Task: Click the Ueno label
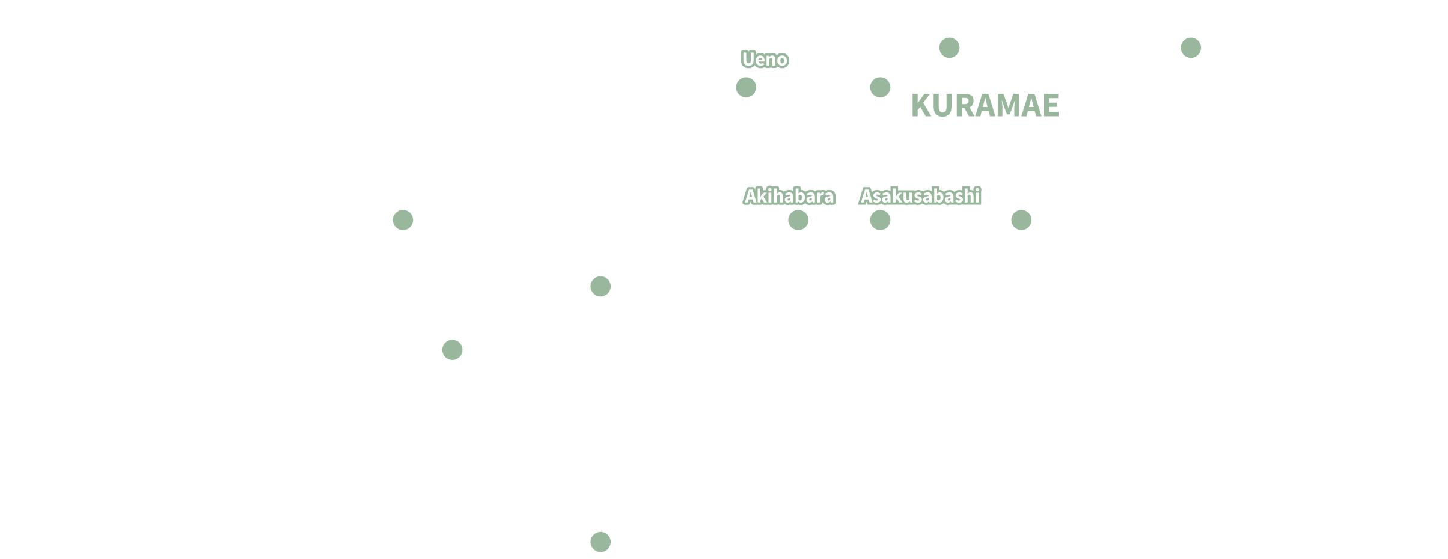click(765, 60)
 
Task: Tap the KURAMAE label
click(985, 105)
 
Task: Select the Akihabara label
click(789, 196)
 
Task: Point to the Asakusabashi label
click(920, 196)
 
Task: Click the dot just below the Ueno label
click(746, 87)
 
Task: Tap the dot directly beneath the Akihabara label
click(798, 220)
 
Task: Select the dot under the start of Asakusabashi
click(880, 220)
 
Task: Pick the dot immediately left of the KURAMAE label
click(880, 87)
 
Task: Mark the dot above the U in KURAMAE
click(949, 47)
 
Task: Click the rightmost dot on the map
click(1191, 47)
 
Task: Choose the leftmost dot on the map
click(403, 220)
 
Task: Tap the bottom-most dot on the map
click(600, 542)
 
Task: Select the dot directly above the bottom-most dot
click(600, 286)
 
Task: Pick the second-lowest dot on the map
click(452, 350)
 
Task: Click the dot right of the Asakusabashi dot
click(1021, 220)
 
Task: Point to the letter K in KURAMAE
click(921, 105)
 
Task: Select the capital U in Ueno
click(748, 59)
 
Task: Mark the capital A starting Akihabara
click(752, 196)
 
